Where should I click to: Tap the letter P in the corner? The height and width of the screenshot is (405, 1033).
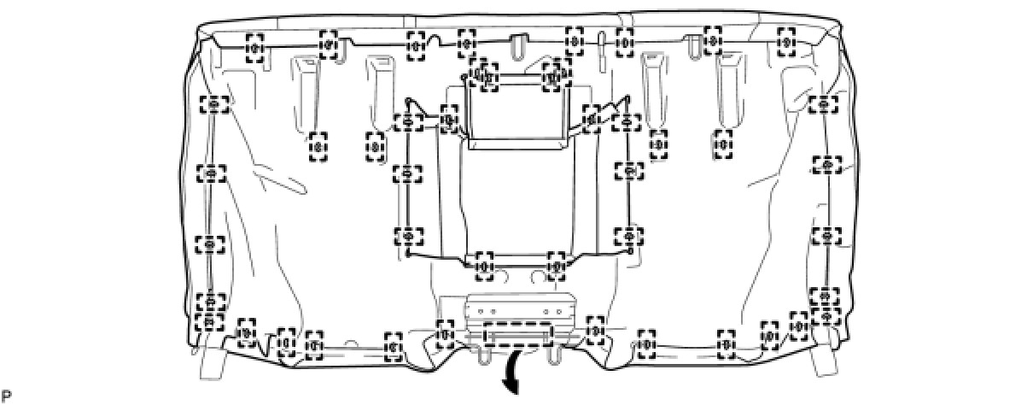7,396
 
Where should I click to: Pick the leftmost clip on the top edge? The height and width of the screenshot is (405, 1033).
254,48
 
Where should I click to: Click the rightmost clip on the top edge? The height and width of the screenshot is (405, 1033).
786,39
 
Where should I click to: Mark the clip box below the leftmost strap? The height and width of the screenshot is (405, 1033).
318,146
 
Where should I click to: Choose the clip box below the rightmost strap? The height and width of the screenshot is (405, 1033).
723,144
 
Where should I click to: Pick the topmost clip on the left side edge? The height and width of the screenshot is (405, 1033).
213,104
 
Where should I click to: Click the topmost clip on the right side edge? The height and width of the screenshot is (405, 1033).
823,104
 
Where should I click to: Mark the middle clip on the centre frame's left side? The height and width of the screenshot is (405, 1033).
407,173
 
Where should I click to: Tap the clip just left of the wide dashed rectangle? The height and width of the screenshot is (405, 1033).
445,332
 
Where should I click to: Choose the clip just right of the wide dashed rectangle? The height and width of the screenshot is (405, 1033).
595,329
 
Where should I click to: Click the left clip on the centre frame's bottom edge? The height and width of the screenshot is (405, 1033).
484,263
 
